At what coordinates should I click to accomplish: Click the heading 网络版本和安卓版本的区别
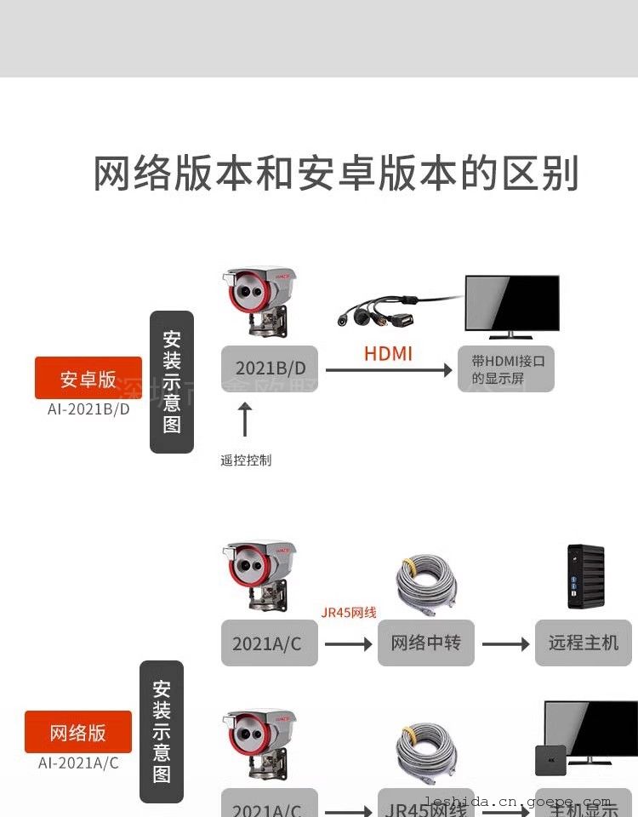click(x=336, y=174)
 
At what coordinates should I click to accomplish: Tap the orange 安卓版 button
click(x=88, y=379)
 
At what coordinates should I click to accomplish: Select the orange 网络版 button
click(x=78, y=733)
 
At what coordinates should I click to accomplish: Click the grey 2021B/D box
click(x=270, y=369)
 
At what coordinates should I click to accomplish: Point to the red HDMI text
click(x=388, y=353)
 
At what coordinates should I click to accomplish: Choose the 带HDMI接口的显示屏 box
click(x=507, y=369)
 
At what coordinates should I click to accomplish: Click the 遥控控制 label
click(x=246, y=460)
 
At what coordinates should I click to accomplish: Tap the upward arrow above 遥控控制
click(x=246, y=420)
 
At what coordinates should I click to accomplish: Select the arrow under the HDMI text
click(x=389, y=370)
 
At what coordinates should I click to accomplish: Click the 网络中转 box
click(x=425, y=643)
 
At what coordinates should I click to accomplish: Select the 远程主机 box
click(x=584, y=643)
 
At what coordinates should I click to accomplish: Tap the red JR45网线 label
click(x=349, y=612)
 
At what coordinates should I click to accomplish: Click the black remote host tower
click(x=585, y=576)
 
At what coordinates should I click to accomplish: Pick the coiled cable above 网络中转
click(x=426, y=585)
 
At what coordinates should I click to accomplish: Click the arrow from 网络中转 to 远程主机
click(x=505, y=644)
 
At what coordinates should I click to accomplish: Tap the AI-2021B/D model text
click(x=88, y=409)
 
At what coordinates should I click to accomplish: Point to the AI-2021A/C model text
click(x=78, y=763)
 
